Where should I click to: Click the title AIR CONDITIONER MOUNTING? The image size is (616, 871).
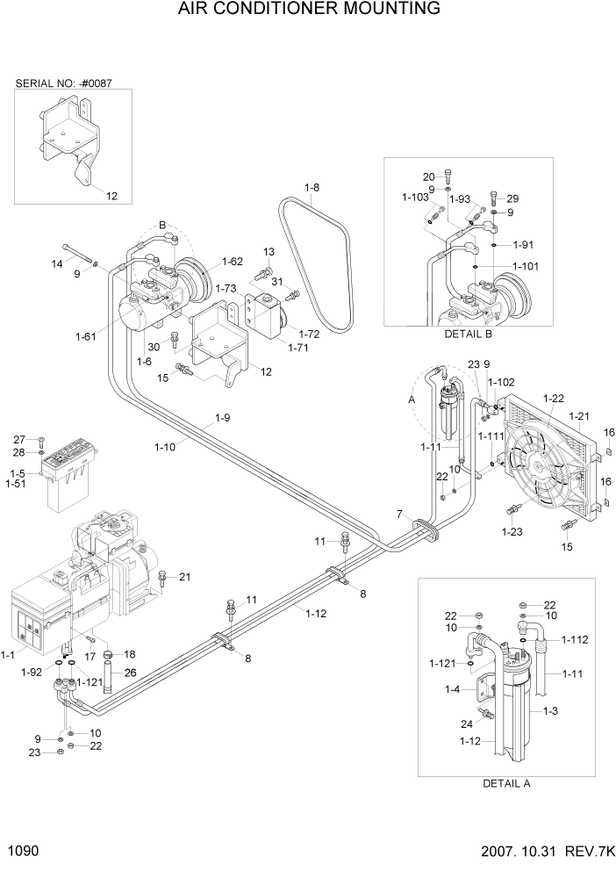pos(308,10)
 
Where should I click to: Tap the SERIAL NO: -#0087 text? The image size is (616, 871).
pos(63,84)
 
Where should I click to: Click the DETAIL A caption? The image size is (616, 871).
pos(506,783)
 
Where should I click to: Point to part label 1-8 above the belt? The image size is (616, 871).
pos(313,187)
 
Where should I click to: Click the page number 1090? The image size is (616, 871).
pos(23,851)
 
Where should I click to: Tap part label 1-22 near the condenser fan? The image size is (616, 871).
pos(553,399)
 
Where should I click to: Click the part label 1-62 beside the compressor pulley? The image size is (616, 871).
pos(232,261)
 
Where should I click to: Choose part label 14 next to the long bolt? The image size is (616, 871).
pos(57,263)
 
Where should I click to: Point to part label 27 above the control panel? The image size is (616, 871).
pos(20,439)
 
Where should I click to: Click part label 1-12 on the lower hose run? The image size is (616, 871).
pos(316,613)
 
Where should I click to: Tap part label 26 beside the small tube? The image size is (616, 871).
pos(131,673)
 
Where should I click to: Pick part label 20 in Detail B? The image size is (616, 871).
pos(429,176)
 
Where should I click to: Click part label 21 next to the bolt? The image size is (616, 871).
pos(184,577)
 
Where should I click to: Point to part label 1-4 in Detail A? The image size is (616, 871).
pos(452,689)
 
